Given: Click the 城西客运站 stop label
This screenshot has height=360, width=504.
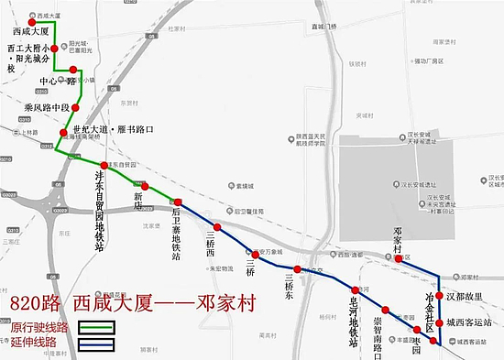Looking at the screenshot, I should point(469,322).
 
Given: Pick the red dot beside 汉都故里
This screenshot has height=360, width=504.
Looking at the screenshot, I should point(439,295).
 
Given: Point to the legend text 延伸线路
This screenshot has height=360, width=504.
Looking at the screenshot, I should point(34,343).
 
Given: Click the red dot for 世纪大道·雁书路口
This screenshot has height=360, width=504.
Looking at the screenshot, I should point(63,134).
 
